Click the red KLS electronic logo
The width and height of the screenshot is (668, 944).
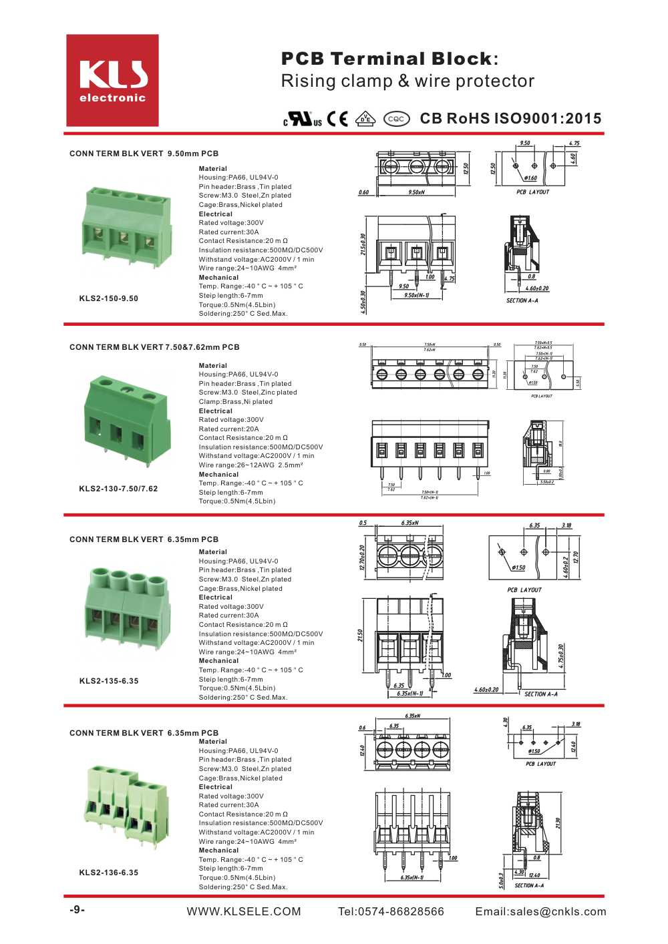coord(112,81)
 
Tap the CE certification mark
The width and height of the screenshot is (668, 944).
coord(337,119)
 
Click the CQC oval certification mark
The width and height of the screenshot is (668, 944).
coord(396,119)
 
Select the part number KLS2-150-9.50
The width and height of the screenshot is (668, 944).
coord(108,298)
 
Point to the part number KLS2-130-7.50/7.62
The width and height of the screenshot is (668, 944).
coord(118,489)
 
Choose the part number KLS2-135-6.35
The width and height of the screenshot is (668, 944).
coord(108,681)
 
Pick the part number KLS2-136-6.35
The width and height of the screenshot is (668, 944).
coord(108,873)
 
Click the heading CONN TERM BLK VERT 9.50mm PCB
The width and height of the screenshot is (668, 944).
coord(144,154)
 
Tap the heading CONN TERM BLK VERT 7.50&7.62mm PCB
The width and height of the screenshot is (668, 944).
coord(154,347)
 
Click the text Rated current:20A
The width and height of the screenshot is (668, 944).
coord(228,429)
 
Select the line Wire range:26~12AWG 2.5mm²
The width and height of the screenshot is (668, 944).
coord(251,465)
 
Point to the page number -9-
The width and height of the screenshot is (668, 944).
coord(77,910)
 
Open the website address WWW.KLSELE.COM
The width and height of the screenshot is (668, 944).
coord(244,911)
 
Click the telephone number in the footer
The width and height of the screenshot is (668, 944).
coord(391,911)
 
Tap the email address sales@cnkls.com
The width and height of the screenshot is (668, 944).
coord(540,911)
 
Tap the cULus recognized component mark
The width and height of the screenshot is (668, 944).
coord(303,120)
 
